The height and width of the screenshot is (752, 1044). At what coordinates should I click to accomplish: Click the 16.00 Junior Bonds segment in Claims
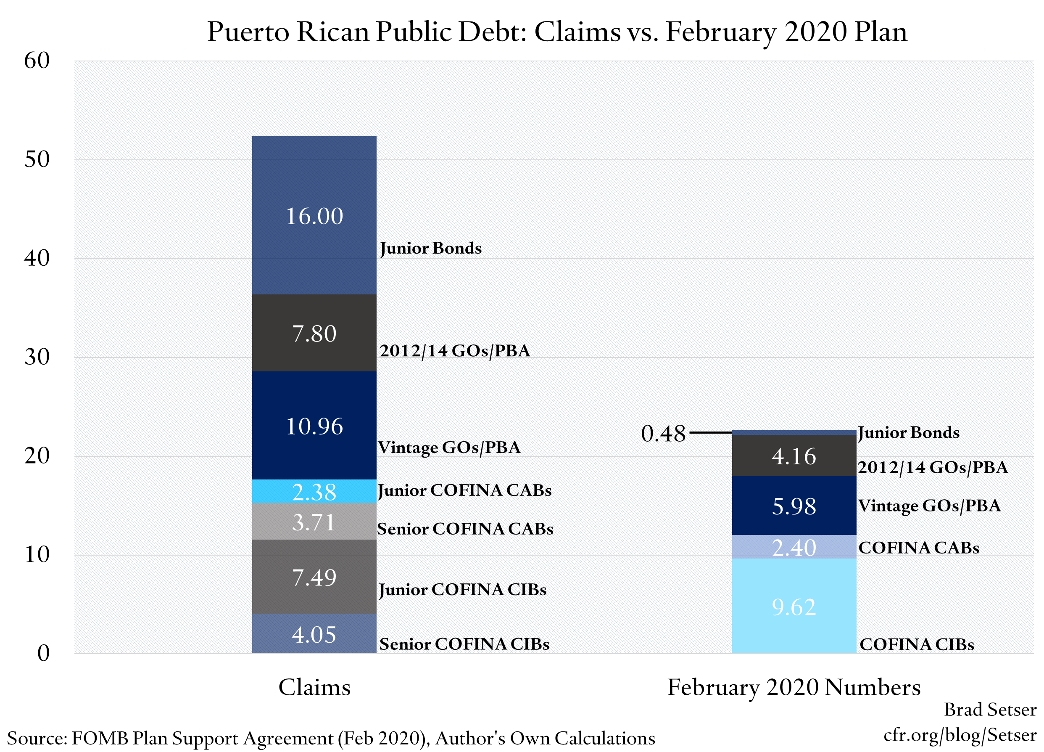pos(314,215)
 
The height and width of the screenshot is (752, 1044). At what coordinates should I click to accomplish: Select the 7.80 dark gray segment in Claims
pos(314,333)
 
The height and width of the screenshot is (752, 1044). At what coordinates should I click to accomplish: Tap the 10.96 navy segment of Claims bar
pos(314,426)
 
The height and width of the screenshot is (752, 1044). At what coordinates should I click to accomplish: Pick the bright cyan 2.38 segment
pos(314,491)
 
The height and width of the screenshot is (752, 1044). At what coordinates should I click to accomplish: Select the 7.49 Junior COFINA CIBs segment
pos(314,577)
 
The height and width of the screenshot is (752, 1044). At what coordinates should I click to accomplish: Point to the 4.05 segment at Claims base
pos(314,634)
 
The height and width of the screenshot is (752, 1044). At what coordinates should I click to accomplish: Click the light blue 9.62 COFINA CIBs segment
pos(794,606)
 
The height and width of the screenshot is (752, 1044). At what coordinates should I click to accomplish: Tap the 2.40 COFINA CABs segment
pos(794,547)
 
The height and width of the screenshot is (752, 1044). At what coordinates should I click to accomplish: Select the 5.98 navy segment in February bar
pos(794,506)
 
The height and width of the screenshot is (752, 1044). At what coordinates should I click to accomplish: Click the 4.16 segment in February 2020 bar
pos(794,455)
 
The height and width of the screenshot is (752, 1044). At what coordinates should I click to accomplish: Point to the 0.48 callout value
pos(663,433)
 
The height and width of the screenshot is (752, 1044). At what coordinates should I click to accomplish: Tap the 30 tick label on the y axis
pos(37,357)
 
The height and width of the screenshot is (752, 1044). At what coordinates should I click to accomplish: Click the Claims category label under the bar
pos(314,687)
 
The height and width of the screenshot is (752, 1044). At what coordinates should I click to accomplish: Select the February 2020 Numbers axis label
pos(794,687)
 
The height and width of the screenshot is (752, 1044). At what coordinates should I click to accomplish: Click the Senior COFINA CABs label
pos(465,529)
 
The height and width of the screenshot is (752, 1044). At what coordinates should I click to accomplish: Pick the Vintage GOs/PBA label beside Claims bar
pos(449,447)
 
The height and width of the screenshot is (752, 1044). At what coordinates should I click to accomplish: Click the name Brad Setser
pos(990,710)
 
